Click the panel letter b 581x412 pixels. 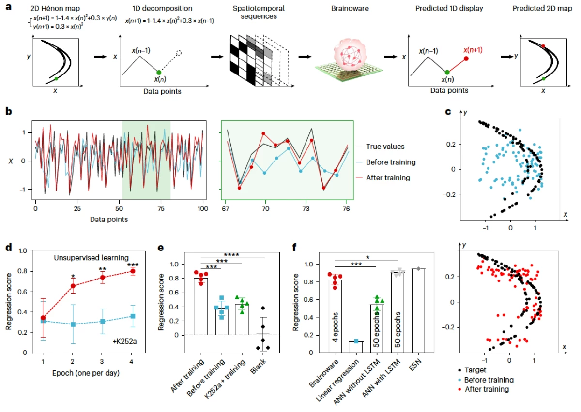(8, 111)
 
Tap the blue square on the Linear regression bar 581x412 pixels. (357, 341)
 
